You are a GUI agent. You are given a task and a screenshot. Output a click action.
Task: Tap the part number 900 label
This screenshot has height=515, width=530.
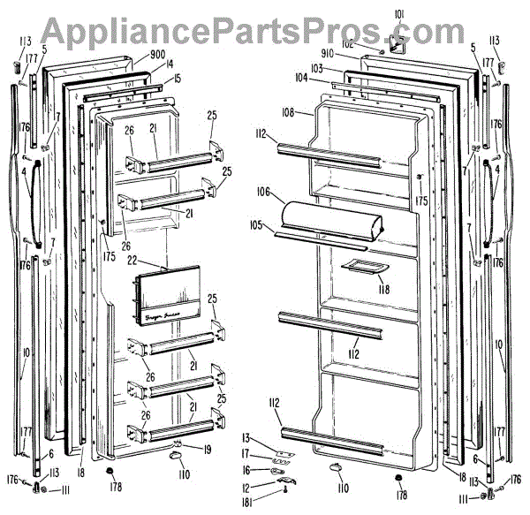coord(158,54)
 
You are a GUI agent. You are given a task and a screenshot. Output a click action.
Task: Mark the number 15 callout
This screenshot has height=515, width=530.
coord(178,79)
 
